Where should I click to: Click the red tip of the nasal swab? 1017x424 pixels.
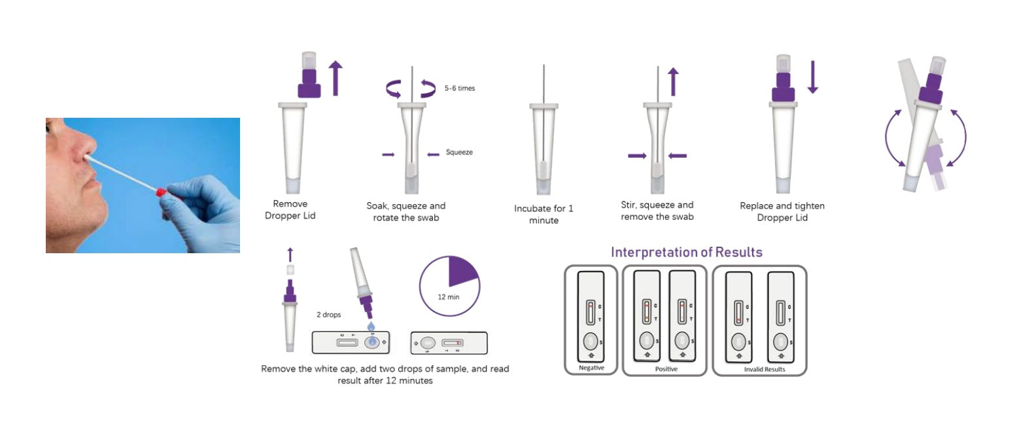161,192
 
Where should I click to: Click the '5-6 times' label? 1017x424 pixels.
460,88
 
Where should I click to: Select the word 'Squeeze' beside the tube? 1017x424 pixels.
459,152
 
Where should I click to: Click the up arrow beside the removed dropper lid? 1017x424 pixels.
335,78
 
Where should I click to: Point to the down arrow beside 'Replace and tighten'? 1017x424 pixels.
813,77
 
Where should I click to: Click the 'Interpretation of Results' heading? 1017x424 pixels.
687,252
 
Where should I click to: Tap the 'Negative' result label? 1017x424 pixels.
591,368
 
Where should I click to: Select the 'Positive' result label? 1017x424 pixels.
666,369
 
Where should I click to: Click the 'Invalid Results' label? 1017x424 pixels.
765,370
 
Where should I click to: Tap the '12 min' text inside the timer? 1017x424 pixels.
448,297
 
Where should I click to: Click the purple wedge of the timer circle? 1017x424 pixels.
462,271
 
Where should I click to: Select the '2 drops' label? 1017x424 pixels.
329,315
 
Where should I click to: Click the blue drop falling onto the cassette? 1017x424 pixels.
371,326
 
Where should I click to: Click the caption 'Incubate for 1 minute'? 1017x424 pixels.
543,215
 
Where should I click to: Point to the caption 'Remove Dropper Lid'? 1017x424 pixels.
290,209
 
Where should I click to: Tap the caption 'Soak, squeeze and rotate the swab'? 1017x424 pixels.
406,212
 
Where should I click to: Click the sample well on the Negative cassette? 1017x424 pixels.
590,341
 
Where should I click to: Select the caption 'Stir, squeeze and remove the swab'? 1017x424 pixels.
657,211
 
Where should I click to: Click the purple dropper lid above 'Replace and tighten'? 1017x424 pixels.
783,87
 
